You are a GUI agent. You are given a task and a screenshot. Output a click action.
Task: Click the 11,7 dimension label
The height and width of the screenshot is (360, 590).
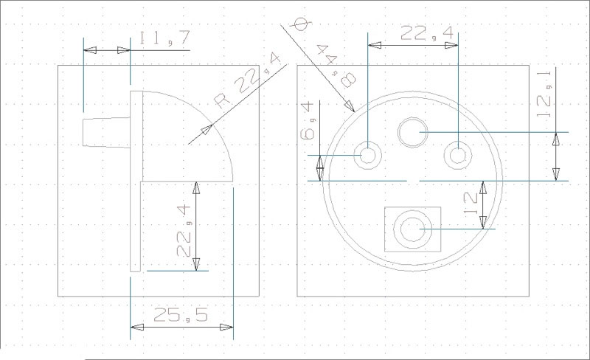164,38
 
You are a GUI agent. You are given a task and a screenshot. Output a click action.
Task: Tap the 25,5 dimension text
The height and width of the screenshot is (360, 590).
181,315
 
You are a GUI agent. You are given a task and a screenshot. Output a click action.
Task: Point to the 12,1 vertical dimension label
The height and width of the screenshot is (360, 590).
544,94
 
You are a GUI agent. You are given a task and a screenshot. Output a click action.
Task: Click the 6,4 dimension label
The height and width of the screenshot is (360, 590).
308,120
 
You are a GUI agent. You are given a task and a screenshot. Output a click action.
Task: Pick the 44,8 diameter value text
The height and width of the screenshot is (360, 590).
336,66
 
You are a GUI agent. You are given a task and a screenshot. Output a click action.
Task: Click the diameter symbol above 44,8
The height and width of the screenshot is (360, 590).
302,24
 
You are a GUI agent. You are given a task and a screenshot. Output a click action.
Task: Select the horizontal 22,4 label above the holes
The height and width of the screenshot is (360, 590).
427,33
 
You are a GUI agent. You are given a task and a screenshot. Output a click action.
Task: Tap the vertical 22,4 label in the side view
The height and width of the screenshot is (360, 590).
184,230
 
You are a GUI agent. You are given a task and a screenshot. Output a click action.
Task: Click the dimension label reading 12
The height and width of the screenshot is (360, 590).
471,203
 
